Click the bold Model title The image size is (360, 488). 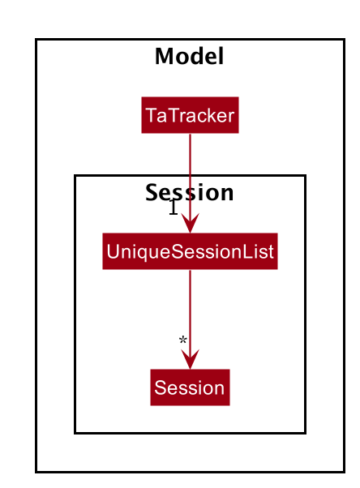click(190, 56)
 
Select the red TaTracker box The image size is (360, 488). click(190, 115)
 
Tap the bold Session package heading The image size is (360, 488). click(190, 193)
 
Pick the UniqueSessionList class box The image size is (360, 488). click(190, 251)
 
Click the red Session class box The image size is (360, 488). click(190, 387)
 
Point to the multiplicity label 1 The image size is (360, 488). click(174, 207)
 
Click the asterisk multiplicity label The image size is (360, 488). click(182, 340)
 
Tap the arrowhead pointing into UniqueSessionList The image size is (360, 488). click(190, 223)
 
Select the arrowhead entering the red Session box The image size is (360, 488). click(190, 359)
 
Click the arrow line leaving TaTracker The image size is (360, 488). click(190, 183)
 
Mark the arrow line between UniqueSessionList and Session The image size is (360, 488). click(190, 319)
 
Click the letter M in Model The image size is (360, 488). click(165, 56)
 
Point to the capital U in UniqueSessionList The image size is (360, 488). click(113, 251)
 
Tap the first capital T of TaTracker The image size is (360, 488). click(152, 115)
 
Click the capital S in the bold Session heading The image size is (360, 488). click(152, 192)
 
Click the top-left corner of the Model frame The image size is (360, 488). click(36, 40)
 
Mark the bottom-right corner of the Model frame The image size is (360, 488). click(345, 472)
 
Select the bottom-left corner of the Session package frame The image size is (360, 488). click(75, 433)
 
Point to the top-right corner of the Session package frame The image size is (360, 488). click(306, 176)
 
